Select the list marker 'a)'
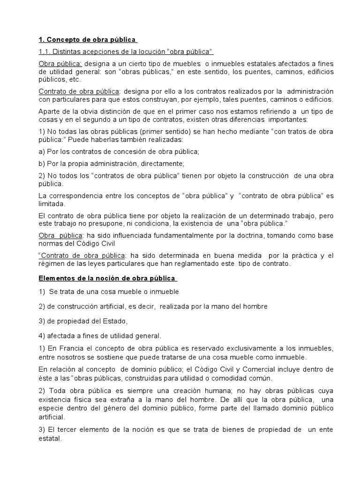pos(41,151)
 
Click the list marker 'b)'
pos(41,164)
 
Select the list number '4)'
pos(41,336)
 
